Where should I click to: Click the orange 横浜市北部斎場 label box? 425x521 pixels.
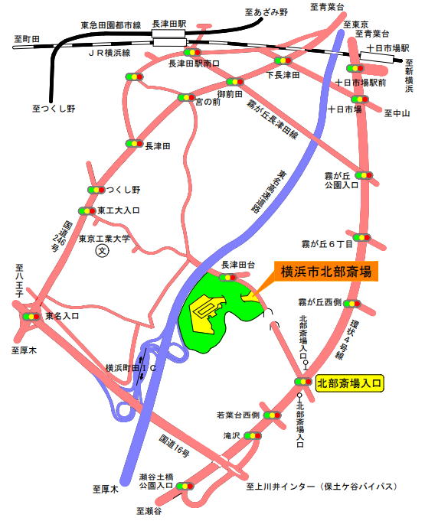[x=326, y=272]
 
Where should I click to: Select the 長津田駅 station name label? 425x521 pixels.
[x=170, y=24]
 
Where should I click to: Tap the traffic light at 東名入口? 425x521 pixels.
[x=31, y=315]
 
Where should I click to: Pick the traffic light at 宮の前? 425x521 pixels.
[x=186, y=97]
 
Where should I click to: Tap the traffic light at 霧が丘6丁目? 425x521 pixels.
[x=362, y=237]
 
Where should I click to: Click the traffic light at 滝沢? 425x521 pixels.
[x=252, y=436]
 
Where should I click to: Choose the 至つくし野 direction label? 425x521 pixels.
[x=54, y=109]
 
